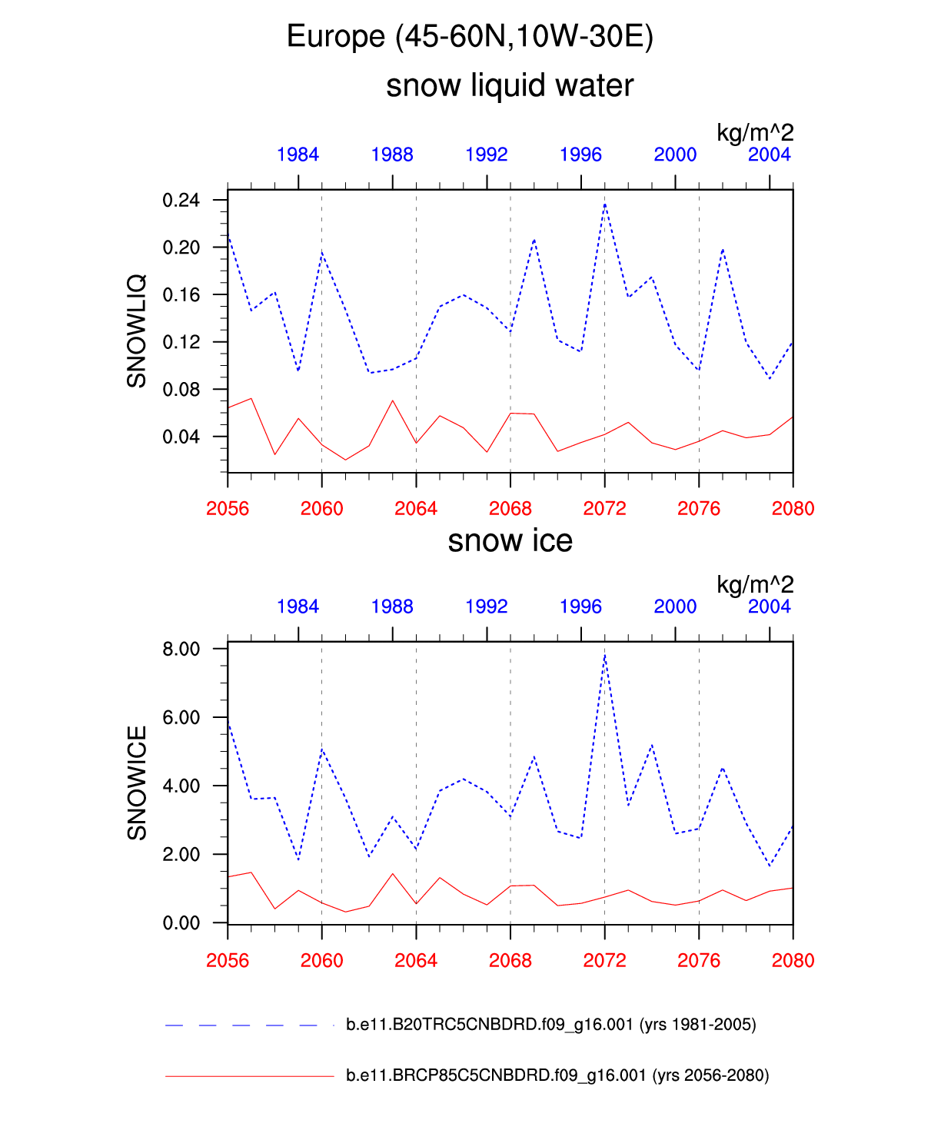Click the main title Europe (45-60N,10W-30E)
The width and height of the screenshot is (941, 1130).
click(470, 36)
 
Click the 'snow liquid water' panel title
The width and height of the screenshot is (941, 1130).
click(510, 85)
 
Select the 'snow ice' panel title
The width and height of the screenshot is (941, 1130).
click(510, 540)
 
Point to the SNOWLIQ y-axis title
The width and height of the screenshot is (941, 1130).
click(137, 331)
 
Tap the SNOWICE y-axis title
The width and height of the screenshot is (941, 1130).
click(137, 783)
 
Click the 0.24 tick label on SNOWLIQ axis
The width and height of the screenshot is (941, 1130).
click(181, 201)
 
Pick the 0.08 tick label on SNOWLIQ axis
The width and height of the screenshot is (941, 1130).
click(181, 390)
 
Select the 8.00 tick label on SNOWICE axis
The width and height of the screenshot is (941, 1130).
click(181, 649)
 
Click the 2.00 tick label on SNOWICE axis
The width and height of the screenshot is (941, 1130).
click(181, 854)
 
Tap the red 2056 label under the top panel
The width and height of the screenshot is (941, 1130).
click(228, 508)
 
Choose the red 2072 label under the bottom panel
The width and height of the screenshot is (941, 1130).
click(604, 960)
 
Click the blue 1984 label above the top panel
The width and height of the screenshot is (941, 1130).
click(298, 155)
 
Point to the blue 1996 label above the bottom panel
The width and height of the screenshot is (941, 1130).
click(580, 607)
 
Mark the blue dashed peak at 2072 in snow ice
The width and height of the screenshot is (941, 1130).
click(605, 656)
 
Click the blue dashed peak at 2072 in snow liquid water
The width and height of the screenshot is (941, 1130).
click(605, 204)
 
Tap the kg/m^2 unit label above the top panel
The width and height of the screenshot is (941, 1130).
click(754, 132)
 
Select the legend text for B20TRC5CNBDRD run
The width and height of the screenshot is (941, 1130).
click(550, 1024)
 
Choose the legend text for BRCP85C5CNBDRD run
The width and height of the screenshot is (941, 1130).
click(557, 1075)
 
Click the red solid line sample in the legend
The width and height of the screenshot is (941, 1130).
click(249, 1075)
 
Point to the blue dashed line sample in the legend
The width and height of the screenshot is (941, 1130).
click(241, 1025)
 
